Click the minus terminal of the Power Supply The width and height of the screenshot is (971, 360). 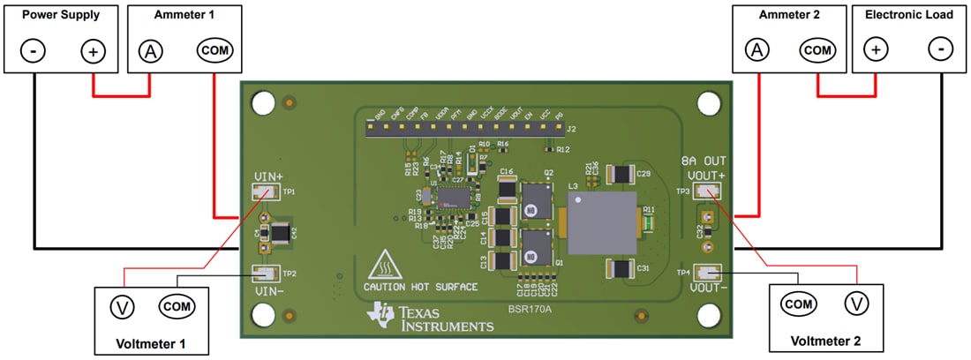point(33,51)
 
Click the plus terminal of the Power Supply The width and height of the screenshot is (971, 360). point(93,51)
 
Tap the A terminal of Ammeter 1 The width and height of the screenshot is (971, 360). point(151,51)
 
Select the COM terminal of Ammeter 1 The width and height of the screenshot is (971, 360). point(214,51)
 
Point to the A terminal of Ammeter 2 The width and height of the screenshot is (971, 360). point(756,50)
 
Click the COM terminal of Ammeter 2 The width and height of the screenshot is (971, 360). point(818,50)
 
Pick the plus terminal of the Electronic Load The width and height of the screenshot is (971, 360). point(876,50)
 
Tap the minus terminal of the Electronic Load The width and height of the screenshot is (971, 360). point(941,50)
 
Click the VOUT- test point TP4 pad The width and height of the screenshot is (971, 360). point(707,273)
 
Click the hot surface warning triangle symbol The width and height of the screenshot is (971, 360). point(385,266)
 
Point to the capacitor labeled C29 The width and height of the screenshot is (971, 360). point(625,173)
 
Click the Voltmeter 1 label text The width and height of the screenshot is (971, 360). point(151,342)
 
